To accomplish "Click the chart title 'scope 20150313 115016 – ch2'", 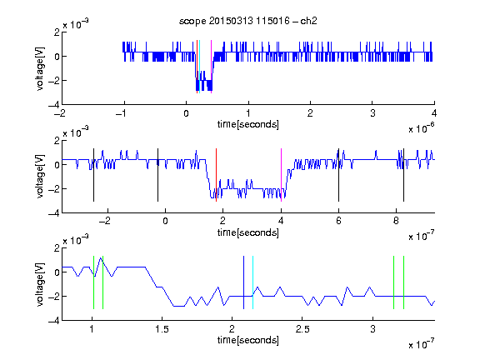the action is click(248, 21).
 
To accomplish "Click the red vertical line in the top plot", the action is click(197, 67).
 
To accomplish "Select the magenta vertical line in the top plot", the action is click(211, 67).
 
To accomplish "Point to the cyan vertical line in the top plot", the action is click(200, 67).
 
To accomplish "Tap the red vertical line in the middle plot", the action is click(216, 175).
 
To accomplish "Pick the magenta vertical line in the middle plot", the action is click(282, 175).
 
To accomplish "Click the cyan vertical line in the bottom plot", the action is click(252, 282).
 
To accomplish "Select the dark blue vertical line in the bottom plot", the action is click(243, 282).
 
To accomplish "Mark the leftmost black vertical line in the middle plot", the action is click(93, 175).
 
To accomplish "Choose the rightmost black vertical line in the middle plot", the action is click(404, 175).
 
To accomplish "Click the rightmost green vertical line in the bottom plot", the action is click(404, 282).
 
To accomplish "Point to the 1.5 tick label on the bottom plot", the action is click(162, 329).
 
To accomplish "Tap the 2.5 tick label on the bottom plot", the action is click(302, 329).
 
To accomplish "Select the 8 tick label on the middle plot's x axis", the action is click(396, 221).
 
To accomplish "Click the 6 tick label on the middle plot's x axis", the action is click(338, 221).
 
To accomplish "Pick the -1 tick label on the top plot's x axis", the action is click(122, 113).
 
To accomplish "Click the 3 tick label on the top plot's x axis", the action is click(372, 113).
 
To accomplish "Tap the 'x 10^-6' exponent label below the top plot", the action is click(422, 128).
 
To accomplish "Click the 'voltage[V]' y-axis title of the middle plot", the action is click(40, 177).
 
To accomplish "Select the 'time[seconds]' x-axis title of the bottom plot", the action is click(248, 340).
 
